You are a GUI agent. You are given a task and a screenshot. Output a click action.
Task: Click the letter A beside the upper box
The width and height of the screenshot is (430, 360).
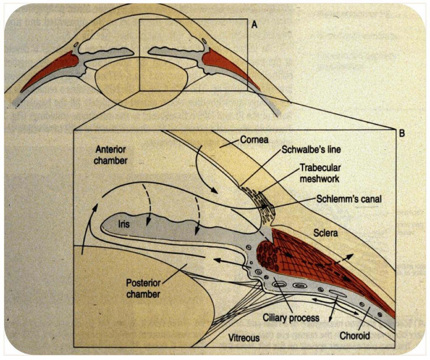(x=254, y=25)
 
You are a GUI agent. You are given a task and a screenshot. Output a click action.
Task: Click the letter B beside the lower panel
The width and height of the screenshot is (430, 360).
(x=402, y=134)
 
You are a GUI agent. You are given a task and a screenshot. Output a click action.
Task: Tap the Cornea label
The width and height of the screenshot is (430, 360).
(x=254, y=139)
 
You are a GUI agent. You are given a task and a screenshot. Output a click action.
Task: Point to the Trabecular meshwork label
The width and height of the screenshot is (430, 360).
(x=320, y=173)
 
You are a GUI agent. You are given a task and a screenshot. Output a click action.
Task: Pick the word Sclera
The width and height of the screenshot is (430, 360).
(x=325, y=232)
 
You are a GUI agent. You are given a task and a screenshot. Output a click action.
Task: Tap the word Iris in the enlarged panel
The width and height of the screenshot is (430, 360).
(x=123, y=224)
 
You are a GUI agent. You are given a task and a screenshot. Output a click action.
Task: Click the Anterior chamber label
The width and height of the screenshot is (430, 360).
(x=111, y=154)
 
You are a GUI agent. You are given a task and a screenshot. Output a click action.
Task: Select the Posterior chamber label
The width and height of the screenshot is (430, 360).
(x=144, y=288)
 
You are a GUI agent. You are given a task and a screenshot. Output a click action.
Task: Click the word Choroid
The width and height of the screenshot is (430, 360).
(x=354, y=335)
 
